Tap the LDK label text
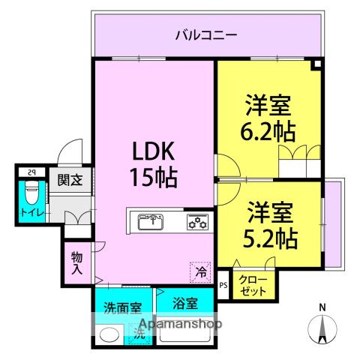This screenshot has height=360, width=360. pos(154,152)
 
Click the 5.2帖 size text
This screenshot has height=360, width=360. pos(269,238)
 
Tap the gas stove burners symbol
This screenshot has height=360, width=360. pos(198,221)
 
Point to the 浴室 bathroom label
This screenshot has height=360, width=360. pos(184,304)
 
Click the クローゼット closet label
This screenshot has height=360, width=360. pos(253,286)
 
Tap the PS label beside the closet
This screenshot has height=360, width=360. pos(223,286)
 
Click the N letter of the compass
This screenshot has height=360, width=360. pos(322,307)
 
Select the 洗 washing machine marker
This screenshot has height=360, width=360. pos(138,332)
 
